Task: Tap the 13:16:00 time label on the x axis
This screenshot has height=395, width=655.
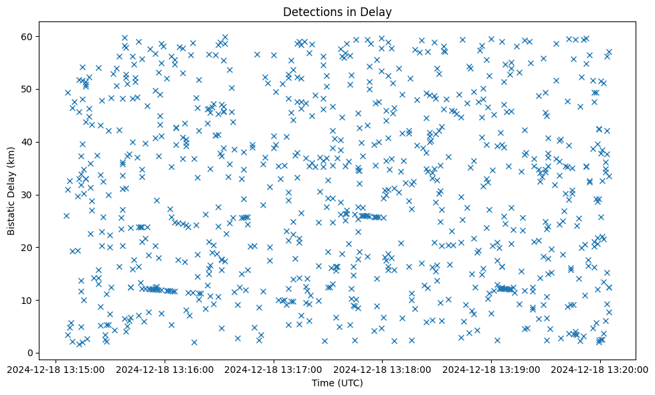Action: [166, 369]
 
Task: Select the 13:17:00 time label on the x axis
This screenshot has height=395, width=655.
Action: [274, 369]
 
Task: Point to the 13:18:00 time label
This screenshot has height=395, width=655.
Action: [383, 369]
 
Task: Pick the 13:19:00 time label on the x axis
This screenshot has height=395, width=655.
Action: [492, 369]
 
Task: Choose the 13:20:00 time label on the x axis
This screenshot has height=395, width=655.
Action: [600, 369]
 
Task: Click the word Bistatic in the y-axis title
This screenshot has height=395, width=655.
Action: [12, 216]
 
